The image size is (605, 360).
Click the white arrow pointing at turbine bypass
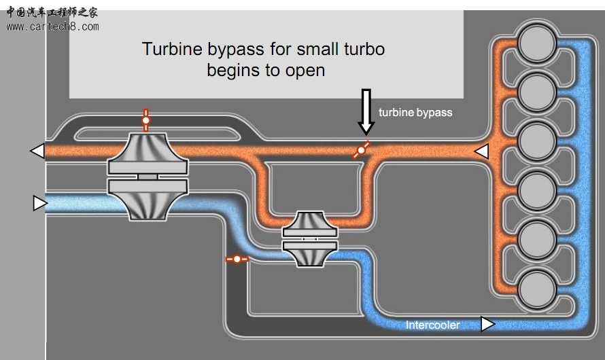(x=366, y=111)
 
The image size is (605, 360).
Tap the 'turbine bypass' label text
(x=415, y=112)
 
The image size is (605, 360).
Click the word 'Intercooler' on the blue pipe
(x=432, y=325)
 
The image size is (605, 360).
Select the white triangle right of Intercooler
(x=487, y=324)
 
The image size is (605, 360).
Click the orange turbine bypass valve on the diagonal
(x=362, y=150)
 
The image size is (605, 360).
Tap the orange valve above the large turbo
(x=145, y=121)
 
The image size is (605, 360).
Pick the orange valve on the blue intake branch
(x=237, y=259)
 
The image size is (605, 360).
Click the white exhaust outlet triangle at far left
(x=37, y=151)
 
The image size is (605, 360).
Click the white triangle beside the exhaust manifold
(x=481, y=151)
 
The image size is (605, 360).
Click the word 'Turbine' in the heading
(x=167, y=49)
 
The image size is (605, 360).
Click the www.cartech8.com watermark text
(x=52, y=26)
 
